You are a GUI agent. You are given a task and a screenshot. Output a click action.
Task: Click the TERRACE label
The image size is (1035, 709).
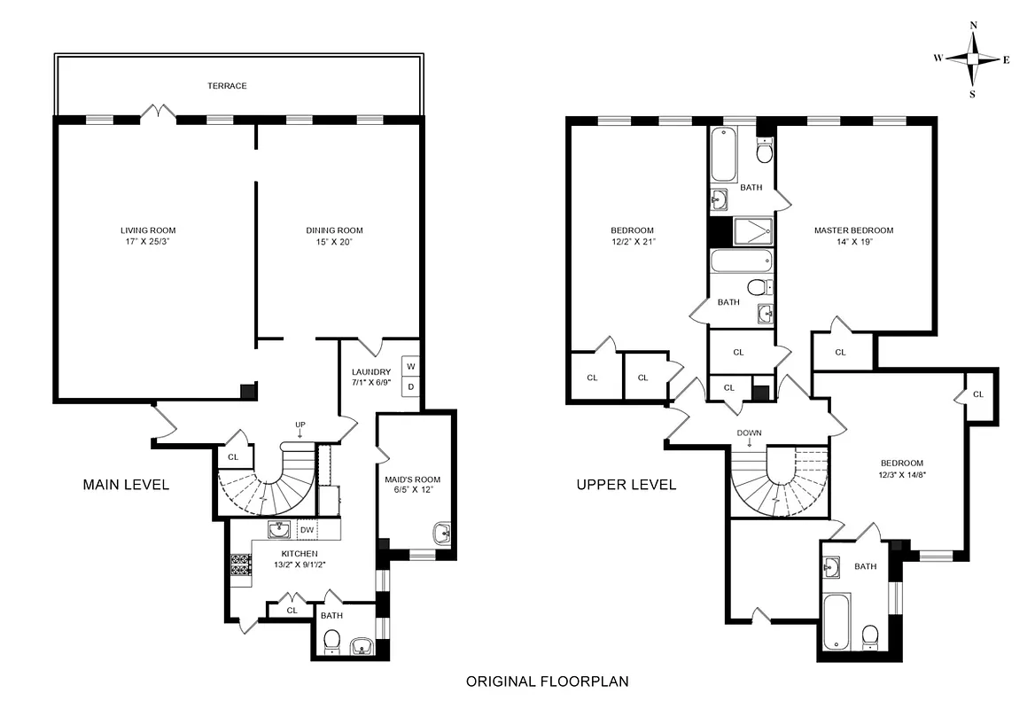point(227,86)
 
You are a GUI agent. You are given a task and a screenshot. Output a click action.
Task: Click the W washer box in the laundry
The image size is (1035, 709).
point(410,366)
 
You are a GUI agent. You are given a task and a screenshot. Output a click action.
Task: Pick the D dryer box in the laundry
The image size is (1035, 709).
point(410,386)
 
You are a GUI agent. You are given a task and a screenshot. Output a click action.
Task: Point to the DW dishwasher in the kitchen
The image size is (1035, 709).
point(307,530)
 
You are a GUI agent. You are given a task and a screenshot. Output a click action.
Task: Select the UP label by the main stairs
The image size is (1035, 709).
point(300,425)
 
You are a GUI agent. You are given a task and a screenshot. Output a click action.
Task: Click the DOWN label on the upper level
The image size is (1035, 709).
point(749,433)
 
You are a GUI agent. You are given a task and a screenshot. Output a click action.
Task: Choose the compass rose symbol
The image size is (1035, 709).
point(973,58)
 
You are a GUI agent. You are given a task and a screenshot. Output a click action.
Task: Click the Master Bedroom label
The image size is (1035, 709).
point(853,230)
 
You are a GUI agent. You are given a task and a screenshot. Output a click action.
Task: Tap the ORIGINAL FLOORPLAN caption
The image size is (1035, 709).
point(547,682)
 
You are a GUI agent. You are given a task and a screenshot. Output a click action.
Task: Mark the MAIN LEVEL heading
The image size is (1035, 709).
point(126,485)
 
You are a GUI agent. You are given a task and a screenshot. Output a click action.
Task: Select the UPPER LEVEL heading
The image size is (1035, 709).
point(626,485)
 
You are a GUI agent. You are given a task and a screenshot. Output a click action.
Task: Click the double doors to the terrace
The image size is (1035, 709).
point(160,113)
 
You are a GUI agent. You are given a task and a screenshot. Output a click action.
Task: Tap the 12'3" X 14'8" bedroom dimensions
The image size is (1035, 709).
point(901,473)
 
